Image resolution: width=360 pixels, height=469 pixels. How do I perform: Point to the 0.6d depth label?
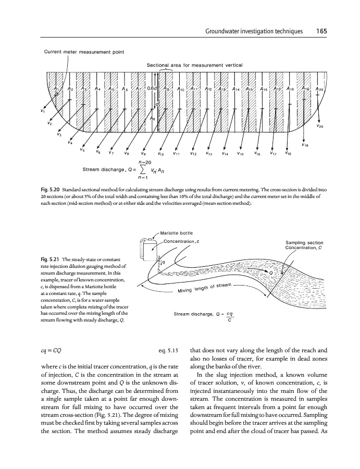click(x=153, y=89)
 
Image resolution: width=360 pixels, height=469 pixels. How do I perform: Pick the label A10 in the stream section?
click(x=180, y=90)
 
